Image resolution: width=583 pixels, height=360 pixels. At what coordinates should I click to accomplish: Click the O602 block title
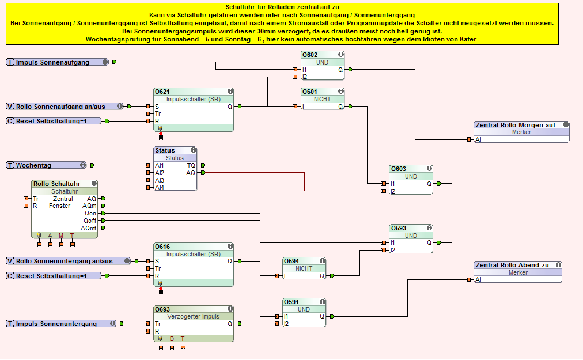click(310, 55)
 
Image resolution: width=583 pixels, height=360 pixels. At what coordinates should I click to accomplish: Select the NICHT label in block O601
click(322, 99)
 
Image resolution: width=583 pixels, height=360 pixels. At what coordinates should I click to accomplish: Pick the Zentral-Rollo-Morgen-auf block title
click(514, 124)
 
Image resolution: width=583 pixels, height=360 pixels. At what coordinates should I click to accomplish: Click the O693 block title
click(162, 309)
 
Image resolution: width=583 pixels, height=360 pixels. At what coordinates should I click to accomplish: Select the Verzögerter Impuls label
click(194, 316)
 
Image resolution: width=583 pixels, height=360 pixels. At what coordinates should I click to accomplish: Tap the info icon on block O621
click(230, 92)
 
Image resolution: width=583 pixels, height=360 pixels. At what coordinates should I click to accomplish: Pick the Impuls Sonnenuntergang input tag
click(56, 324)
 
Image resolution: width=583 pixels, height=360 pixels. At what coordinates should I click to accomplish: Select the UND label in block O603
click(411, 176)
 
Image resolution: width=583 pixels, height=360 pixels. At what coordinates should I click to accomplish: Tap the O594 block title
click(291, 261)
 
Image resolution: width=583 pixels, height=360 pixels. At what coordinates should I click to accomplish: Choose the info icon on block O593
click(429, 228)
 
